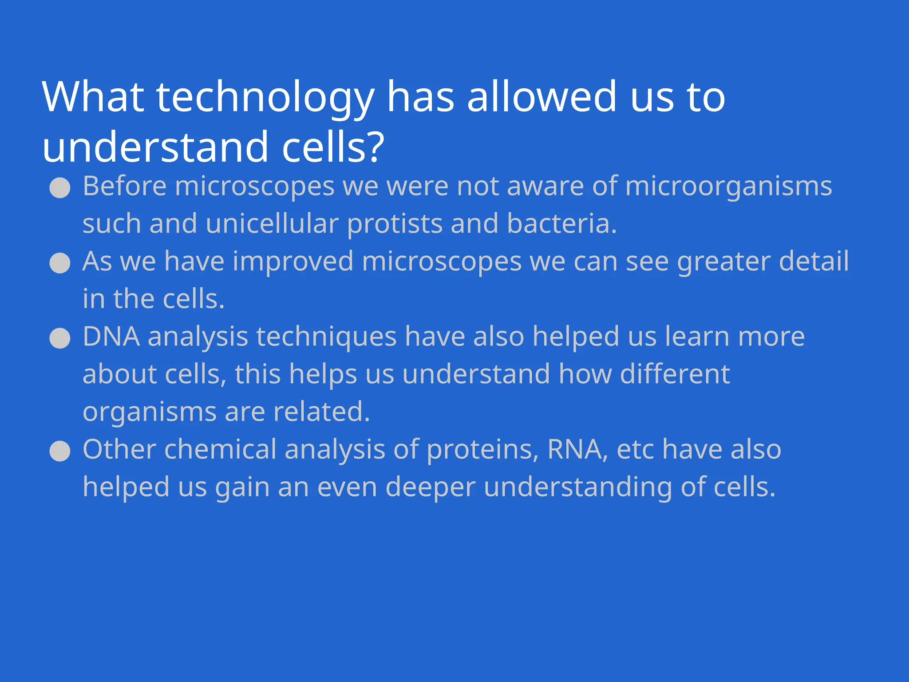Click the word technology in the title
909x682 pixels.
coord(265,98)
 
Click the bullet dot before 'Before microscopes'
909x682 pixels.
coord(60,188)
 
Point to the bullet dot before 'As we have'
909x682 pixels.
coord(60,263)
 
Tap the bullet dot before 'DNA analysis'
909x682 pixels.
coord(60,338)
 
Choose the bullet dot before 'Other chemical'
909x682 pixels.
coord(60,452)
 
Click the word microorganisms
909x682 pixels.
coord(728,186)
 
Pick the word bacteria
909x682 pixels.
coord(561,223)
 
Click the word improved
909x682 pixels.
coord(293,262)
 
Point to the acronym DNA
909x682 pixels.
coord(111,337)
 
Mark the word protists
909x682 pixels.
coord(395,224)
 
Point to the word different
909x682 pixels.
coord(675,374)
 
